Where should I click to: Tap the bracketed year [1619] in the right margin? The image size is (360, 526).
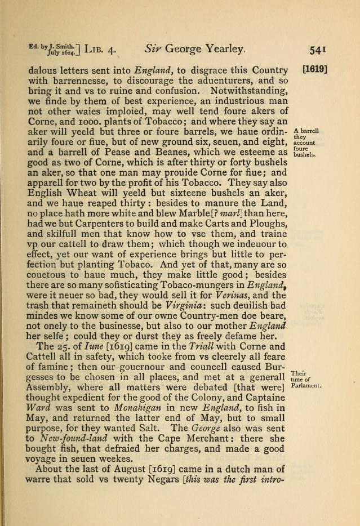(x=315, y=72)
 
